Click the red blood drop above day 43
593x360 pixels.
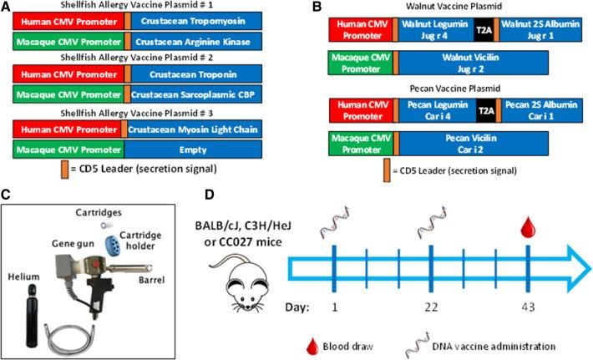[529, 226]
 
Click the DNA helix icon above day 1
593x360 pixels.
[333, 226]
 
